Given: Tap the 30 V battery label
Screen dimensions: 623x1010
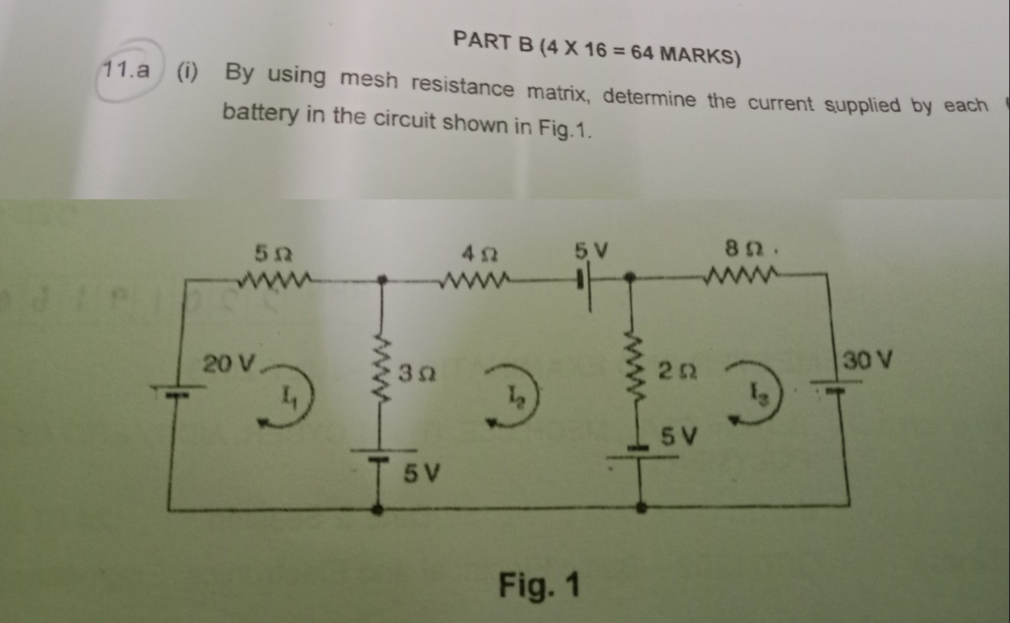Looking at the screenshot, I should (x=868, y=360).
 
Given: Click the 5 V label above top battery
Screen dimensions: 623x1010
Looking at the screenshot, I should (x=591, y=251).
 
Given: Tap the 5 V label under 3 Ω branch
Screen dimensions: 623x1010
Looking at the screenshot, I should (x=422, y=474).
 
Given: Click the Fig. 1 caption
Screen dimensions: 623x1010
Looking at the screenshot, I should (x=539, y=585).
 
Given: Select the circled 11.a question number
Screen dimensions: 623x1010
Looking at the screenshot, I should (x=127, y=70).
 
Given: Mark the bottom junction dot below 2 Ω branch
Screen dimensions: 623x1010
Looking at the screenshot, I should (x=642, y=508).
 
